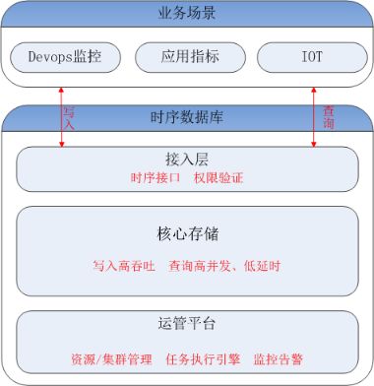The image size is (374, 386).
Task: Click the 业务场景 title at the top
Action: pyautogui.click(x=186, y=15)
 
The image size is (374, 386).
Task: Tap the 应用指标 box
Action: pyautogui.click(x=186, y=58)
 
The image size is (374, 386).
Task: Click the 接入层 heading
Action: pyautogui.click(x=186, y=160)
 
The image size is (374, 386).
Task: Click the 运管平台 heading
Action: pyautogui.click(x=186, y=324)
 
